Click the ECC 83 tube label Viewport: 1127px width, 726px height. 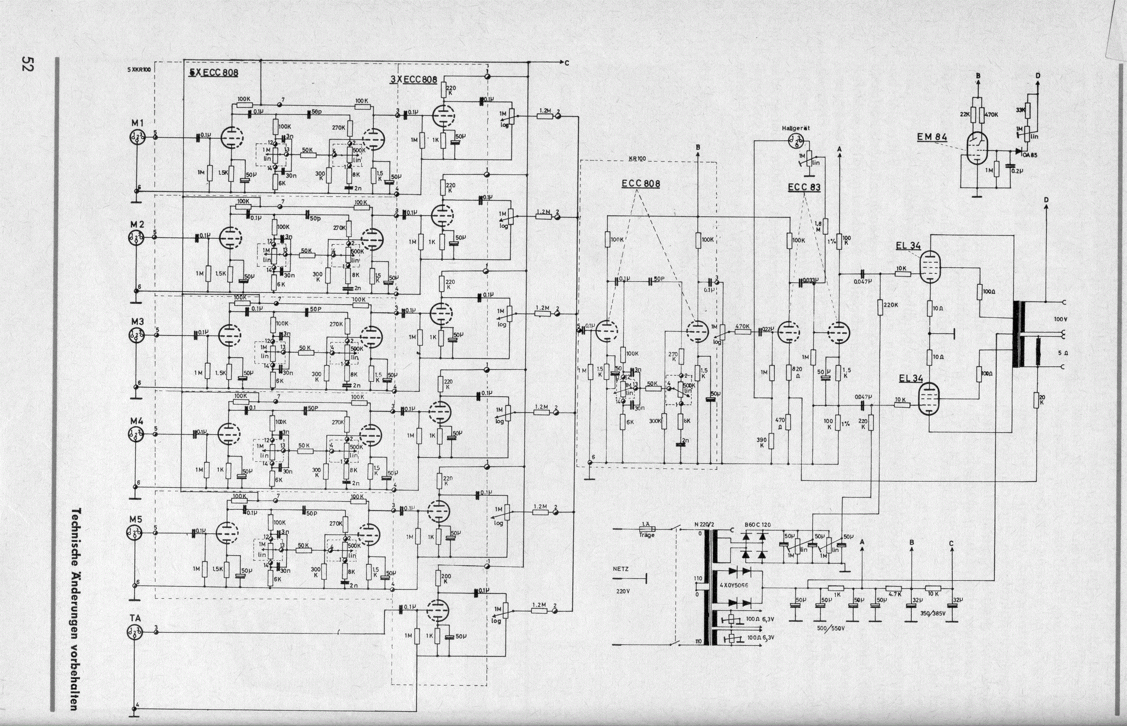click(804, 187)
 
